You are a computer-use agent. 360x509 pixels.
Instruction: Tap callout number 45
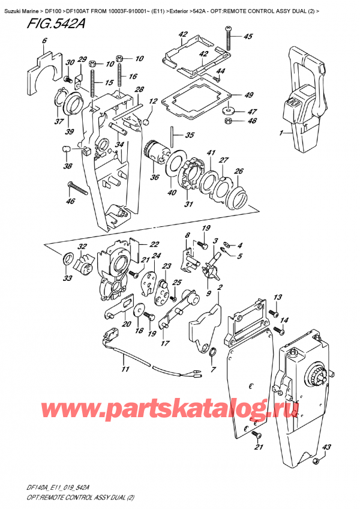[248, 36]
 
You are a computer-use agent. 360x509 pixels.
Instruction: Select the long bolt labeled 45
[229, 41]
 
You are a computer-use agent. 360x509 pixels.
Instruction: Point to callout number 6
[44, 41]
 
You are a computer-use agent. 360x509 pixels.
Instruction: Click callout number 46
[71, 201]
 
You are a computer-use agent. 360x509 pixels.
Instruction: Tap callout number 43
[327, 447]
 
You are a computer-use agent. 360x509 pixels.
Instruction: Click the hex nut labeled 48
[228, 122]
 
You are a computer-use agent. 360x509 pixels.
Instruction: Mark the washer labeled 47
[228, 110]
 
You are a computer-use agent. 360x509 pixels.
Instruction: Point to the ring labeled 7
[213, 351]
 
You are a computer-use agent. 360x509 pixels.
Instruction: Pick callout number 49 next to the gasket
[248, 95]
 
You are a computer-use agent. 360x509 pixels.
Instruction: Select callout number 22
[154, 243]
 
